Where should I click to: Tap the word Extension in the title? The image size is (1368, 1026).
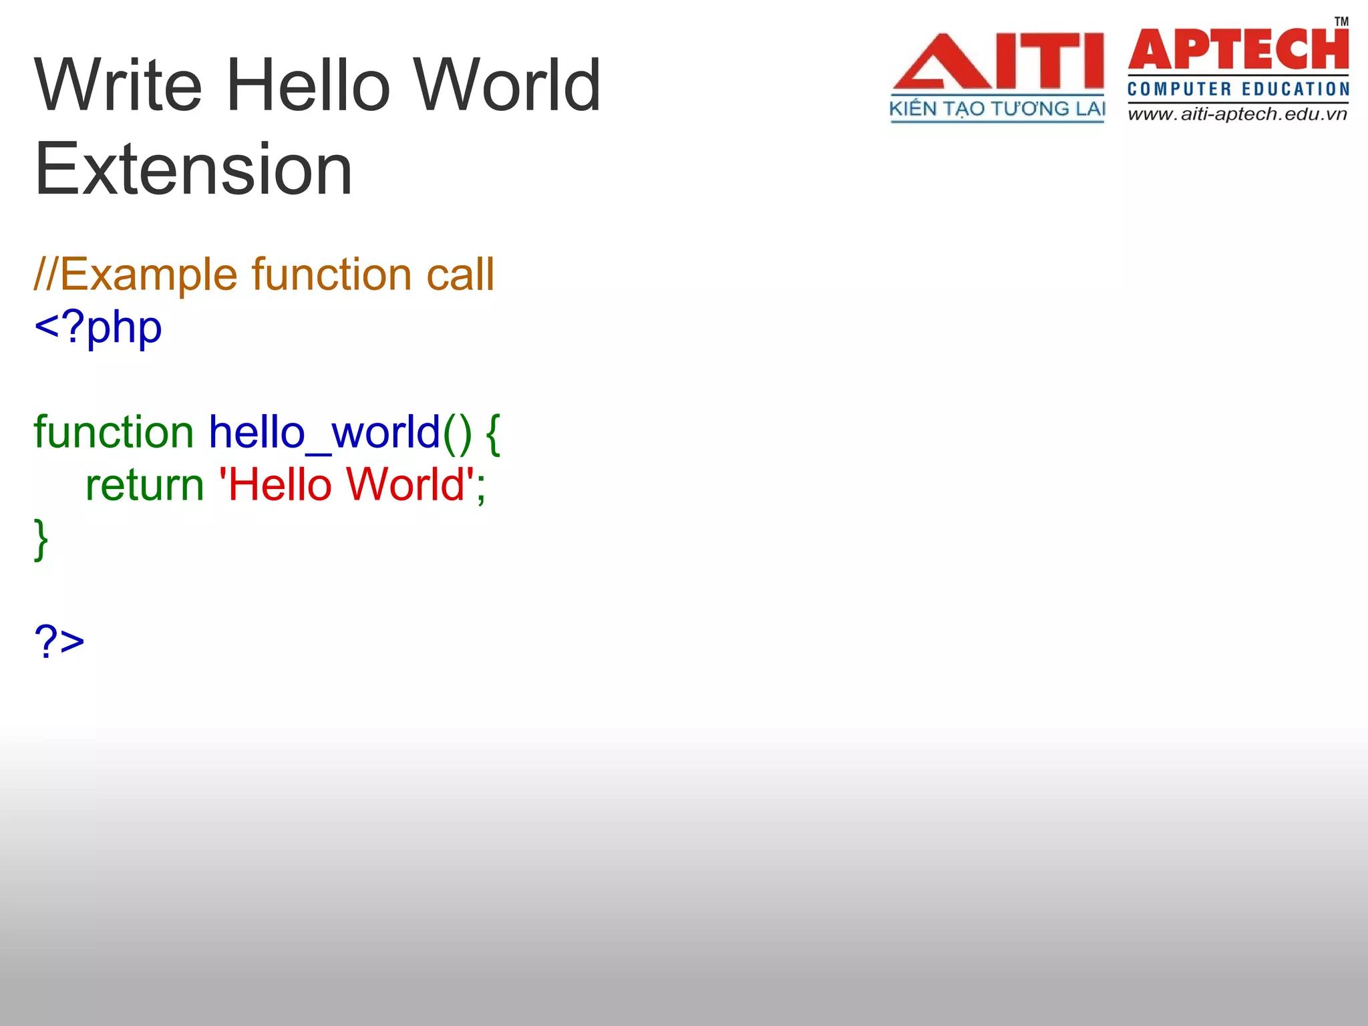(193, 170)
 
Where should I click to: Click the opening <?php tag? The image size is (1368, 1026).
(98, 328)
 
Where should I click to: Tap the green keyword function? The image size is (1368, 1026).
(114, 432)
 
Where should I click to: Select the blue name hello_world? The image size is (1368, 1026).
(325, 432)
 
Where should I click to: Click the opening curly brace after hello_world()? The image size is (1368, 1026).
(493, 434)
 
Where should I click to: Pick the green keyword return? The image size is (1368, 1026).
(144, 485)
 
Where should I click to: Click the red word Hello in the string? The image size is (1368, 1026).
(279, 485)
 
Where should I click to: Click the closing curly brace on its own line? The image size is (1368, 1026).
(41, 538)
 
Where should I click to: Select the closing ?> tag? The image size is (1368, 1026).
(59, 642)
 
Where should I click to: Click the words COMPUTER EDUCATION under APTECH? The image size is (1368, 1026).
(1238, 90)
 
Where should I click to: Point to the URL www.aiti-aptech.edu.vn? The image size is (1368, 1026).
(1237, 114)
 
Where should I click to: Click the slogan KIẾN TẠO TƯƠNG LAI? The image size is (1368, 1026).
(997, 109)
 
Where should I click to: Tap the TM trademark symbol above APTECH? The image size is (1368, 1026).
(1341, 22)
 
